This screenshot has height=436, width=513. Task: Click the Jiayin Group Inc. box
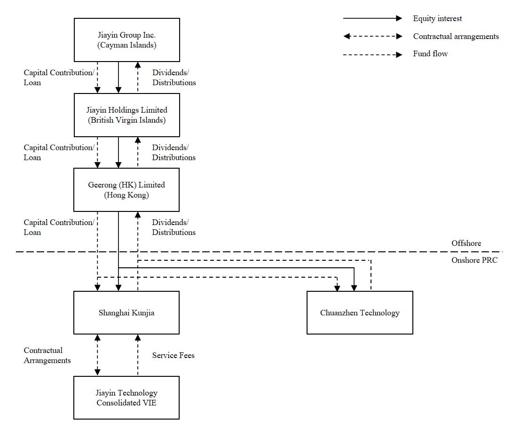pyautogui.click(x=126, y=40)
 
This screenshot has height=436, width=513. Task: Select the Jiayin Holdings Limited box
pyautogui.click(x=126, y=115)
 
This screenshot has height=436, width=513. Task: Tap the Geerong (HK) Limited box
pyautogui.click(x=126, y=190)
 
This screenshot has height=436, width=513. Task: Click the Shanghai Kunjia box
pyautogui.click(x=126, y=312)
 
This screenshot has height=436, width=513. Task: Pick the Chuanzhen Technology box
pyautogui.click(x=360, y=312)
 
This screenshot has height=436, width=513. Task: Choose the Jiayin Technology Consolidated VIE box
pyautogui.click(x=126, y=397)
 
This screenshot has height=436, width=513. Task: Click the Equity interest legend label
pyautogui.click(x=437, y=18)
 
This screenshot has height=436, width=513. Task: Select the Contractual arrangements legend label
pyautogui.click(x=456, y=36)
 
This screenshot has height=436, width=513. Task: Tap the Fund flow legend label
pyautogui.click(x=430, y=54)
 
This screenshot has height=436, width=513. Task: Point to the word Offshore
pyautogui.click(x=466, y=243)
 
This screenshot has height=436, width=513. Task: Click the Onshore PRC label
pyautogui.click(x=474, y=260)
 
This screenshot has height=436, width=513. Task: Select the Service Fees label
pyautogui.click(x=173, y=355)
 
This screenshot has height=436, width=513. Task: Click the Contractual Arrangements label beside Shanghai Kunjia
pyautogui.click(x=47, y=355)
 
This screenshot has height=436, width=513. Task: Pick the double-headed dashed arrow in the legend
pyautogui.click(x=372, y=36)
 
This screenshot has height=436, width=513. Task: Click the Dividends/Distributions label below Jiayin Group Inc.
pyautogui.click(x=174, y=78)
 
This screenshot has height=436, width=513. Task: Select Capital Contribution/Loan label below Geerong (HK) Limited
pyautogui.click(x=59, y=227)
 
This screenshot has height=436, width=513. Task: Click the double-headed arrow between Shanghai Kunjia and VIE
pyautogui.click(x=97, y=355)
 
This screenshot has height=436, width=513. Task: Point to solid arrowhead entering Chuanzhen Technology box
pyautogui.click(x=355, y=288)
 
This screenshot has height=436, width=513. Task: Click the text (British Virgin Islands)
pyautogui.click(x=126, y=120)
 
